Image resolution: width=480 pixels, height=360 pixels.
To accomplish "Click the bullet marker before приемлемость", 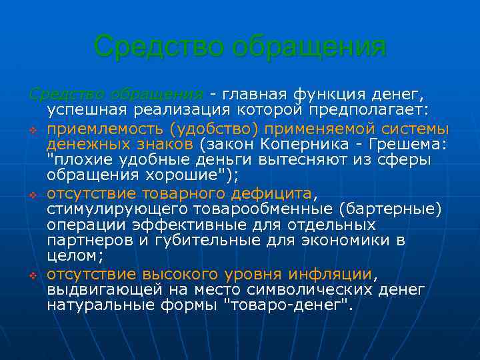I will pos(31,129).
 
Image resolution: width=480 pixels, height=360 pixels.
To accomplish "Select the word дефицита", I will pos(272,194).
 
